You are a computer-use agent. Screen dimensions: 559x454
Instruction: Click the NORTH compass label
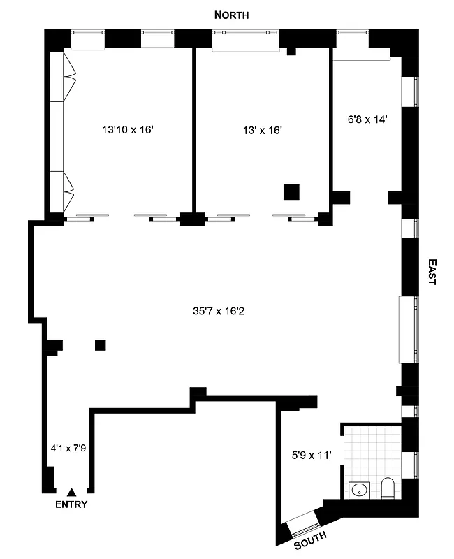(231, 15)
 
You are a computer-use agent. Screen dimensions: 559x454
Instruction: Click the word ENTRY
(71, 505)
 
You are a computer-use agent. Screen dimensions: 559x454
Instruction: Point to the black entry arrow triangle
(71, 493)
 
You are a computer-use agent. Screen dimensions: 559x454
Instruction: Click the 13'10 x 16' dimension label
(127, 129)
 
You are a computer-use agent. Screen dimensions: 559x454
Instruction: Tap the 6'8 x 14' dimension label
(367, 119)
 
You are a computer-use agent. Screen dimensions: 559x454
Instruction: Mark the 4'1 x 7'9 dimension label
(68, 448)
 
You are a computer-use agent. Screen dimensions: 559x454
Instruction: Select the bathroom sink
(359, 490)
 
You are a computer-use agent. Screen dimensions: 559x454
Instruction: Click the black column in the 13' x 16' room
(291, 191)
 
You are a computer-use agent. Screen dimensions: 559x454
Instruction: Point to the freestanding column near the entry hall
(100, 344)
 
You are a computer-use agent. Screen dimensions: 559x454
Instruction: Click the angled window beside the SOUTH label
(303, 522)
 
